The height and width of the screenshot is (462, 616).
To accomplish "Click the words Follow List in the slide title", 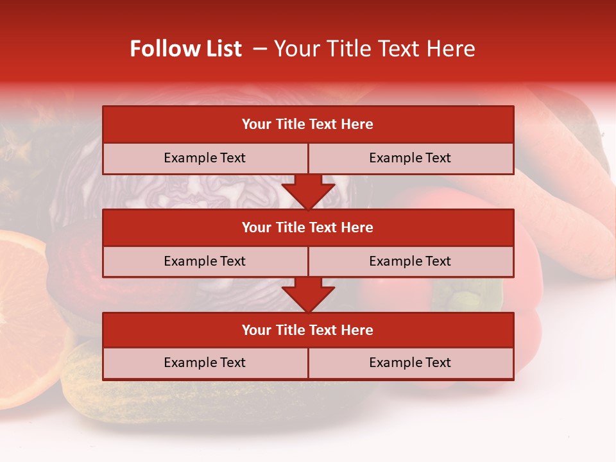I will pos(185,49).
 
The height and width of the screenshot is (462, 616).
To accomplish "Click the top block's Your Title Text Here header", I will pos(307,124).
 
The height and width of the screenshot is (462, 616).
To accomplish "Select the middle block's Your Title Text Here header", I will pos(307,227).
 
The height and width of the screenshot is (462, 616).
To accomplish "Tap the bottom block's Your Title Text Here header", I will pos(307,330).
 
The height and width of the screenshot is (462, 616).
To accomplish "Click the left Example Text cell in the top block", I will pos(205,158).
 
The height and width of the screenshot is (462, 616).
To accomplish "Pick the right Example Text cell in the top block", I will pos(410,158).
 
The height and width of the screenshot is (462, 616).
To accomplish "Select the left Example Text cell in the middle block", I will pos(205,261).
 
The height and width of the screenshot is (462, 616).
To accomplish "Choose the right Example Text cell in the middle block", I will pos(410,261).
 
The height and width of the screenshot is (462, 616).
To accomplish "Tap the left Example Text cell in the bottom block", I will pos(205,363).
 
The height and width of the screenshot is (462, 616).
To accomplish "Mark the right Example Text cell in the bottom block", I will pos(410,363).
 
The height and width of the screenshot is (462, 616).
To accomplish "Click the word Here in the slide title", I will pos(453,49).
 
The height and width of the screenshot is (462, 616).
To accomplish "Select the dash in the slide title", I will pos(261,49).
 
